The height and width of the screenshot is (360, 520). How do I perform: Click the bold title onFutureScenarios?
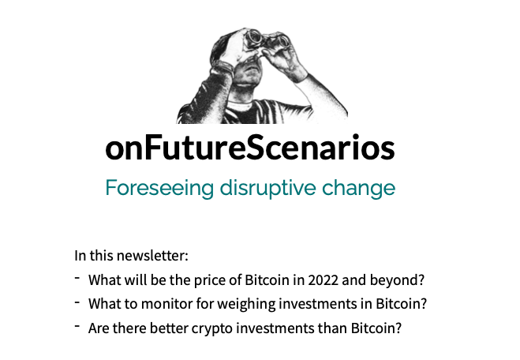point(249,148)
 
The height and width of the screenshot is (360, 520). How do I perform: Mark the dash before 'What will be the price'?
point(77,278)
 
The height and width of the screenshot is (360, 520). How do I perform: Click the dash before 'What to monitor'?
point(77,302)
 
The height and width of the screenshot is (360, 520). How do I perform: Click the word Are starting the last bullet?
point(99,327)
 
